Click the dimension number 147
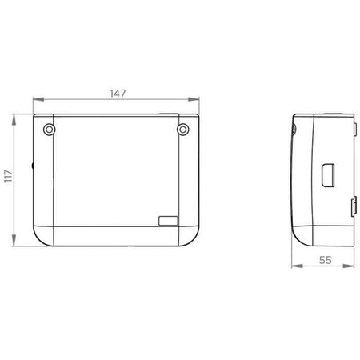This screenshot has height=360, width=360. click(118, 94)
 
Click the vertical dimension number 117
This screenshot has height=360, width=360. click(9, 176)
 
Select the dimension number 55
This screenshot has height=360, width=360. click(326, 260)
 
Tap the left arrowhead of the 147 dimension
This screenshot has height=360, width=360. click(38, 99)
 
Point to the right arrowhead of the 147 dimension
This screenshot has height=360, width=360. click(194, 99)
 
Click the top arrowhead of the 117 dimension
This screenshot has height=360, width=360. click(14, 120)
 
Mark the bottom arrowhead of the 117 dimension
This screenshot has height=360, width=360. click(14, 241)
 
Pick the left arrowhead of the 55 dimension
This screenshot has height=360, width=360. click(297, 266)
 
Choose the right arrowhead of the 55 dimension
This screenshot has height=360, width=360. click(349, 266)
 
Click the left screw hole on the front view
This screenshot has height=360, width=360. click(49, 130)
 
